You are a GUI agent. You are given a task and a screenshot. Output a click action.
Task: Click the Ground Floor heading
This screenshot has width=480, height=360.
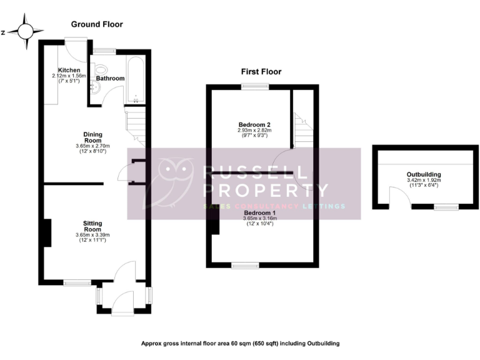(97, 24)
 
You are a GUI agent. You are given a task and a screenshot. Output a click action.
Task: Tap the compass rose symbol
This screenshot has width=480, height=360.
(26, 32)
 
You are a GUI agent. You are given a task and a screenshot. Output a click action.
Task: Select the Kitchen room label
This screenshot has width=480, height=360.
(68, 69)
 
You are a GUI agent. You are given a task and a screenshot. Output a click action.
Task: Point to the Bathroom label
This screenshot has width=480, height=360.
(110, 79)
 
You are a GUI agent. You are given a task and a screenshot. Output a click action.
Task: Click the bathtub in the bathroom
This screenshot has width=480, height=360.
(136, 81)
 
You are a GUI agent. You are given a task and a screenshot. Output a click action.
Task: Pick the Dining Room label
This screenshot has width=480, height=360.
(92, 137)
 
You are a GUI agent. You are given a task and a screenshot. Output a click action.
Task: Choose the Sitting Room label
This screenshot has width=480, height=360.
(92, 226)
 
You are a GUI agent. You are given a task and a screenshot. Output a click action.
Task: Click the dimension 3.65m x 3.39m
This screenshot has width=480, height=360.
(92, 236)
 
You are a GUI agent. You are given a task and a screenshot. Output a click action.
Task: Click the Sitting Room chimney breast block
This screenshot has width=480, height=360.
(46, 232)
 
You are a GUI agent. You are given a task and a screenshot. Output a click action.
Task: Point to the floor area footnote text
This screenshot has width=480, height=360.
(240, 343)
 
